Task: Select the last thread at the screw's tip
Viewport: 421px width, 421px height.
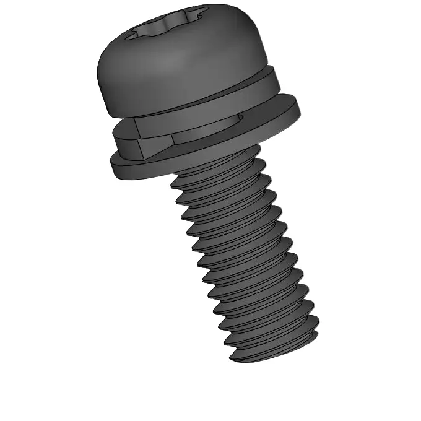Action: [272, 347]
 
